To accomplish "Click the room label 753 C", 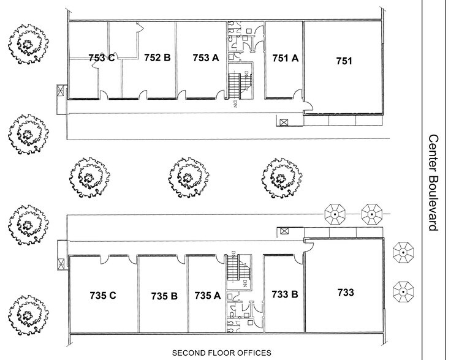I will [101, 58].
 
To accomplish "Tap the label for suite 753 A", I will [205, 58].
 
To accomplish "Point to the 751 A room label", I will [285, 58].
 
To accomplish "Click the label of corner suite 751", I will [345, 61].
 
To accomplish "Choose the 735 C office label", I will [103, 295].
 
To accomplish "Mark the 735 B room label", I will [164, 296].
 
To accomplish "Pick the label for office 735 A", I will [207, 295].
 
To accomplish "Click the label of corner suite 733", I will [345, 293].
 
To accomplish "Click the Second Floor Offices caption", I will [221, 353].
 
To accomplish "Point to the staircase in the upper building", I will [237, 82].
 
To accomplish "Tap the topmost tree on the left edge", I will [26, 43].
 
